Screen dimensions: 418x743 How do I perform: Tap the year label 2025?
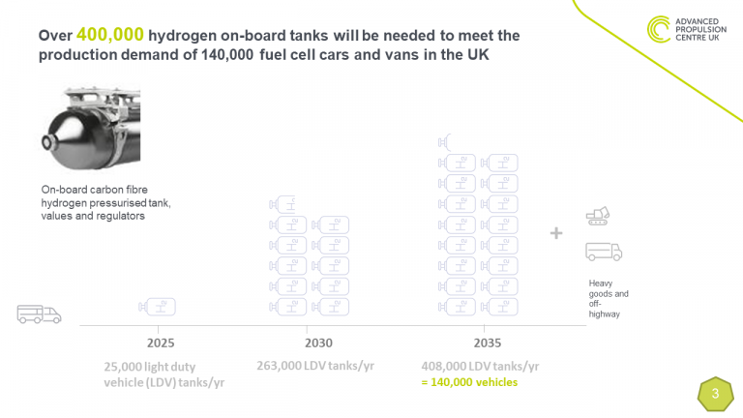point(161,343)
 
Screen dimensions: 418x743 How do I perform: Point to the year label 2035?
point(487,343)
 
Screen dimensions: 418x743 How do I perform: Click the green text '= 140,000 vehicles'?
point(469,382)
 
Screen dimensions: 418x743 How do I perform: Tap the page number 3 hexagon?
point(714,394)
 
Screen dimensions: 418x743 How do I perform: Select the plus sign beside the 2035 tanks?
point(556,233)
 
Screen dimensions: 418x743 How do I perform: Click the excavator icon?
point(599,216)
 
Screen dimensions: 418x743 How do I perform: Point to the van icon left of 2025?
point(39,313)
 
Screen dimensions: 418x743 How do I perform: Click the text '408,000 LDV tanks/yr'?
point(480,367)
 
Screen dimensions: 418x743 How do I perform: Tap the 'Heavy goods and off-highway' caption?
point(609,298)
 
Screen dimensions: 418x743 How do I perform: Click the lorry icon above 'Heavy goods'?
point(603,252)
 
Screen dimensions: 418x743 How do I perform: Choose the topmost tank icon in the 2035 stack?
point(445,142)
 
